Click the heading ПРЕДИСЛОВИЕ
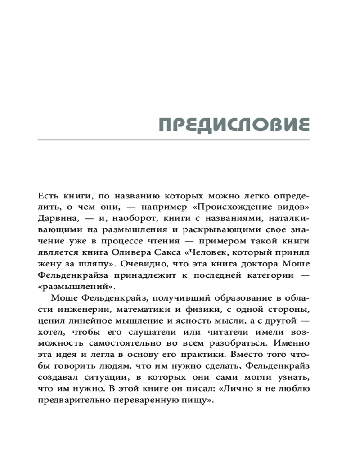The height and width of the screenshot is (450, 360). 234,125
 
